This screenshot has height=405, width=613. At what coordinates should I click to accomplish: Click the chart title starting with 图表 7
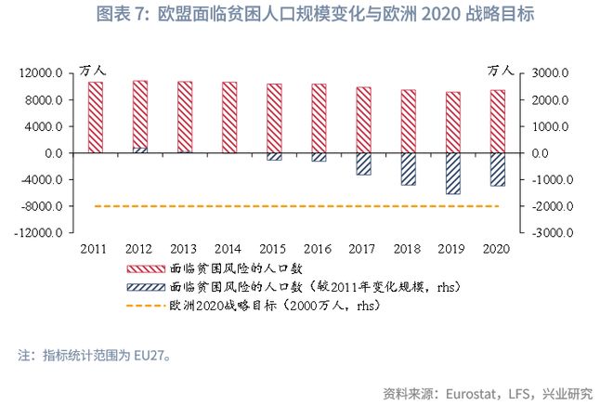(306, 16)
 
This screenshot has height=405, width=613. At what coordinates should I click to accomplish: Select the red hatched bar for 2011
(96, 117)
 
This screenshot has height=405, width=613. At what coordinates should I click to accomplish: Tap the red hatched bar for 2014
(228, 117)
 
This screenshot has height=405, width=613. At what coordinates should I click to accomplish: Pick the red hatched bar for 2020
(497, 121)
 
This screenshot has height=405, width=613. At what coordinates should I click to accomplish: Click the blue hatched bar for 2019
(452, 173)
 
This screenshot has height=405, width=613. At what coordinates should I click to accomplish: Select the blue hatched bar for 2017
(363, 163)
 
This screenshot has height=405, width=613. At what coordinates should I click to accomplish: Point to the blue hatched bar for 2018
(408, 169)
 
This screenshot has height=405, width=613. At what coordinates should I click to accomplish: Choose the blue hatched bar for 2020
(497, 169)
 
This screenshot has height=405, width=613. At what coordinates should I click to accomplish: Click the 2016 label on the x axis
(318, 250)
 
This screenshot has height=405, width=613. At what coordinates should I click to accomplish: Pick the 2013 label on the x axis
(184, 250)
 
